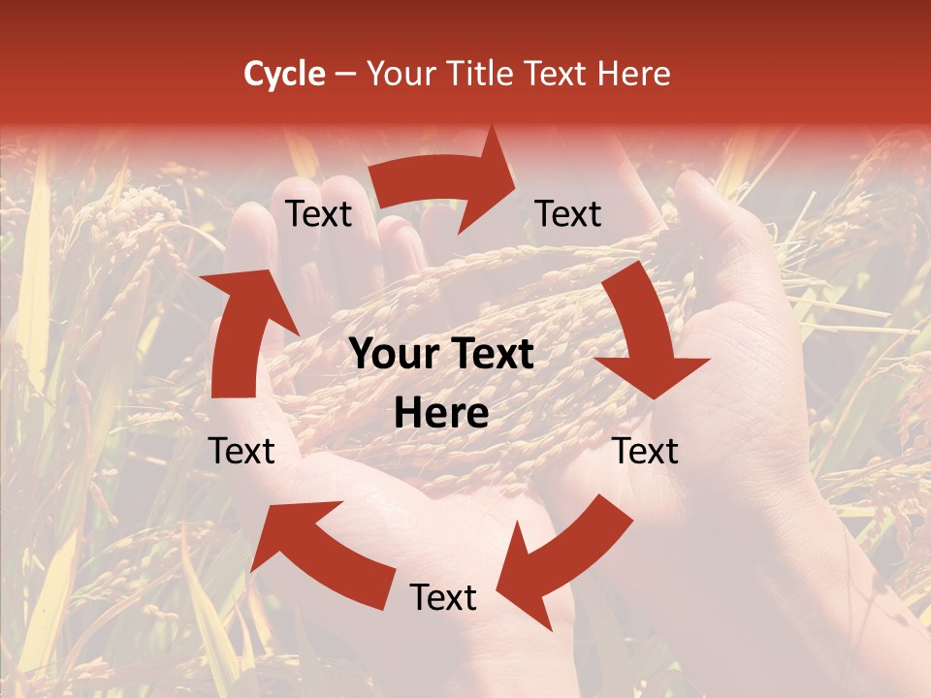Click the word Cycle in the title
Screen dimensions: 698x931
(x=284, y=74)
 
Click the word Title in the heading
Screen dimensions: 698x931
(x=484, y=74)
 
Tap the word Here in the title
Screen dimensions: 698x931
(x=635, y=74)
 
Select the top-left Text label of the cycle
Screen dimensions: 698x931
(x=319, y=213)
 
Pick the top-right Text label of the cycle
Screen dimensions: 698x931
(x=568, y=213)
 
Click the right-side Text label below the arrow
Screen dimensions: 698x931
(x=646, y=451)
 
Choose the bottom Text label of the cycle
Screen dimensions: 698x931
(x=443, y=597)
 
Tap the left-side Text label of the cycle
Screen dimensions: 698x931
(x=241, y=451)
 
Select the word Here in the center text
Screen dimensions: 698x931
(x=441, y=414)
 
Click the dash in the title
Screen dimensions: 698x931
(x=345, y=74)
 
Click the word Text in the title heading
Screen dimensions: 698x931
(x=559, y=74)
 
